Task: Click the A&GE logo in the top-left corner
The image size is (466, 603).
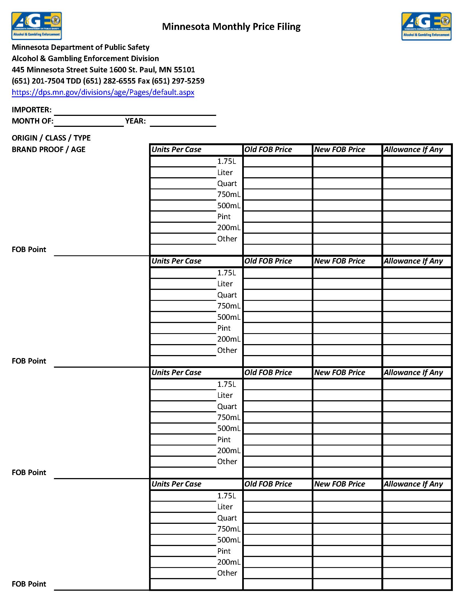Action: coord(36,26)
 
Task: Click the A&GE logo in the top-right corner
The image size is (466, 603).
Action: coord(426,26)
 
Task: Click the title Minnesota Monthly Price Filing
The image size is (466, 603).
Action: coord(231,27)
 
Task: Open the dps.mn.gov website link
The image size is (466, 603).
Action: coord(103,92)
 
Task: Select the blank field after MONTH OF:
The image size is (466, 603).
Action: coord(88,122)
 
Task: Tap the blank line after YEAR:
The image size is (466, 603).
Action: coord(183,122)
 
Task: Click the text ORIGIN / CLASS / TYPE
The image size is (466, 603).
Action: coord(51,138)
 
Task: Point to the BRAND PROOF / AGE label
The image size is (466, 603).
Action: coord(48,149)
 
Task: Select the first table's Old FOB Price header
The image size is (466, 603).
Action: coord(268,150)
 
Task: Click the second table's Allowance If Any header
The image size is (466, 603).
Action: coord(413,261)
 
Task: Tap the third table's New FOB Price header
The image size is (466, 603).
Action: coord(339,373)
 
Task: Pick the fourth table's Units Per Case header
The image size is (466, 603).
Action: coord(176,484)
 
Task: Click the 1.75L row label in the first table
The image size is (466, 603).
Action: coord(226,161)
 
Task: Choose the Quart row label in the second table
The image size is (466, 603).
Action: coord(227,295)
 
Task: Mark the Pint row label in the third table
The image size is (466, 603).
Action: coord(224,439)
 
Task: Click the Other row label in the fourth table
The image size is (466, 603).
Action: coord(227,573)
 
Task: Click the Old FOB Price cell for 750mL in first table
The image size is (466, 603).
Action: coord(278,195)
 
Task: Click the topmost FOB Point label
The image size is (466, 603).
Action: coord(29,250)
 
